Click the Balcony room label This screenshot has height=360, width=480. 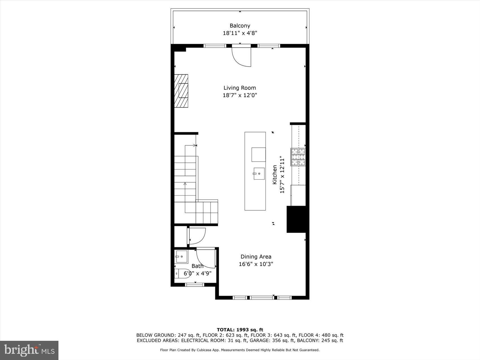click(x=240, y=26)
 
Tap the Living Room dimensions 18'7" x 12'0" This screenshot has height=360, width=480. click(x=240, y=95)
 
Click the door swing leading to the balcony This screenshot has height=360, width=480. click(x=242, y=57)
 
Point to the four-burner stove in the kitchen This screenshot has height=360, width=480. click(x=298, y=157)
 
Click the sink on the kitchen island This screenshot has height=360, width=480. click(x=259, y=173)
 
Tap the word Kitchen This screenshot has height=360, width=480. click(x=274, y=175)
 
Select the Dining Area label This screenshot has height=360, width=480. click(x=256, y=257)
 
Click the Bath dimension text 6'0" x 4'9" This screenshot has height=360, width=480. click(x=197, y=273)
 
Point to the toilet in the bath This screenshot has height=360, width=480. click(x=181, y=273)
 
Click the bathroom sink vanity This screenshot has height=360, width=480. click(x=181, y=257)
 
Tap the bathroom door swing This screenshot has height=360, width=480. click(x=205, y=258)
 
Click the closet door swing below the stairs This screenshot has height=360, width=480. click(x=197, y=236)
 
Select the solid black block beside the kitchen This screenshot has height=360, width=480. click(x=296, y=219)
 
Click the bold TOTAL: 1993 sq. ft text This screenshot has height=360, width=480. click(x=240, y=330)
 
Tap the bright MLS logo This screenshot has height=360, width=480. click(x=29, y=350)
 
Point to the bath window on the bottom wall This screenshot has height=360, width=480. click(x=195, y=285)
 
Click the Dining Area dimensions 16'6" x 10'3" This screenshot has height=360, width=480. click(x=256, y=264)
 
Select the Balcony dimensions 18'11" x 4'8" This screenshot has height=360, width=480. click(x=240, y=33)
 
